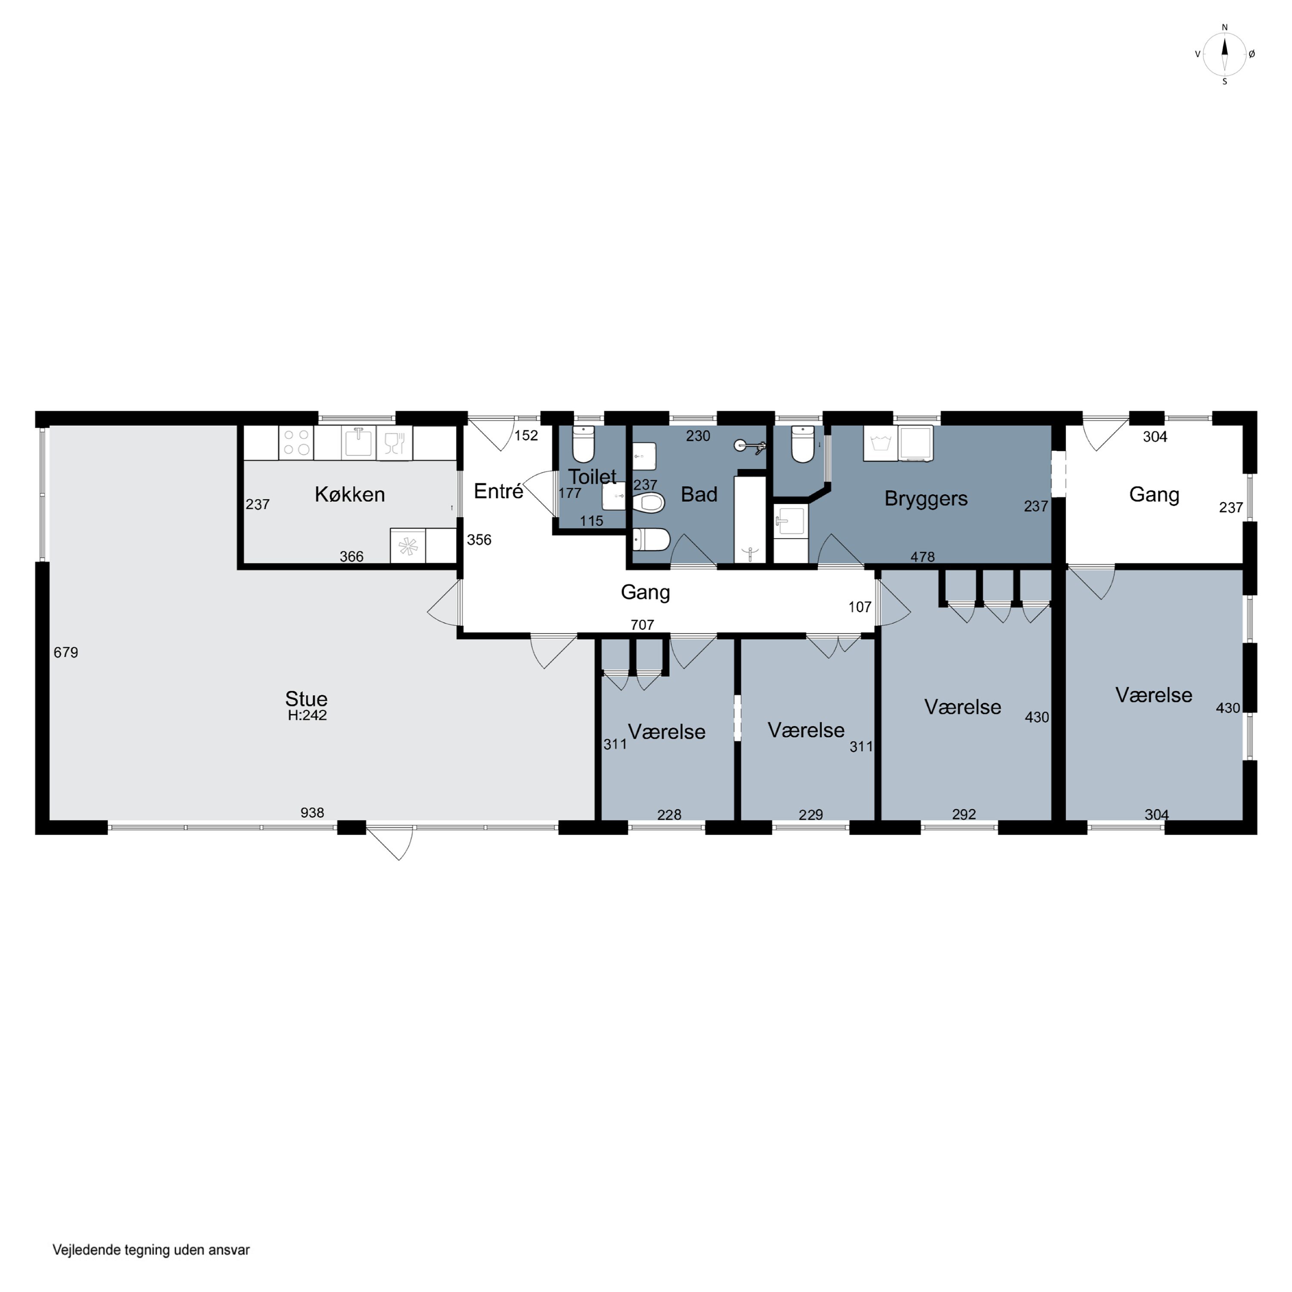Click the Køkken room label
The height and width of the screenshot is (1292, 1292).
[350, 495]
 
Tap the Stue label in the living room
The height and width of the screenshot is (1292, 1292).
[306, 699]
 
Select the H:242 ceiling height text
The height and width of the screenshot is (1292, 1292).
[307, 715]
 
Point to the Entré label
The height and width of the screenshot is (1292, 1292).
[498, 491]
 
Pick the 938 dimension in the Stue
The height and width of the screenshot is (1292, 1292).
[312, 813]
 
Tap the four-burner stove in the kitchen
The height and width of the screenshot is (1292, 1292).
[296, 442]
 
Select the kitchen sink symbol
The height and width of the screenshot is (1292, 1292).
[358, 442]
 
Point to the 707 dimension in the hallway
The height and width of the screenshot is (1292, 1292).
[642, 624]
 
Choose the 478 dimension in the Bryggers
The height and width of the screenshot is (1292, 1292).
[923, 556]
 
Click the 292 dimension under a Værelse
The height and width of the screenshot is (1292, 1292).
[964, 814]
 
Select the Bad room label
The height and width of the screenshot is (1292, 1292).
[699, 494]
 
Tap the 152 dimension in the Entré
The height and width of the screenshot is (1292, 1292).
[526, 435]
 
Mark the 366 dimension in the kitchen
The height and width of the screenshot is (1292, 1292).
[352, 556]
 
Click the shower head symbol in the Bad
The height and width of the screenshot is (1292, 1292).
[748, 445]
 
